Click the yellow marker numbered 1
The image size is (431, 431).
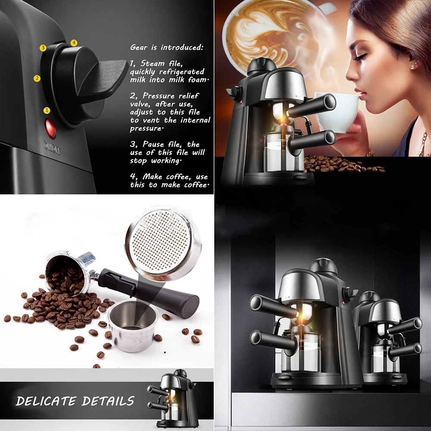[x=47, y=110]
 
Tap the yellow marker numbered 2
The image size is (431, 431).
[x=37, y=78]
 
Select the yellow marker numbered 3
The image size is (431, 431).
[x=43, y=48]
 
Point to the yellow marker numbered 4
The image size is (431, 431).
[x=74, y=43]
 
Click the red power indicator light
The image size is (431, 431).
[x=50, y=128]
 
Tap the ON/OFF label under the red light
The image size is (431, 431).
[x=52, y=148]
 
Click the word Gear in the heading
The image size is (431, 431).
[x=139, y=47]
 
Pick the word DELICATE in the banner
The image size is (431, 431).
[x=46, y=401]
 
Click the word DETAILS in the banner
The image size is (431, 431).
[x=108, y=401]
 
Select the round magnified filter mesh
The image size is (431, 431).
[x=163, y=243]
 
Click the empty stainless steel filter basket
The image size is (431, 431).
[x=133, y=326]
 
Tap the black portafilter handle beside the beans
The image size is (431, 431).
[x=148, y=294]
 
